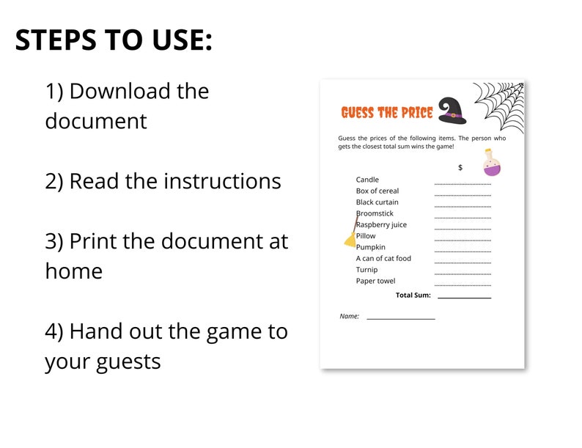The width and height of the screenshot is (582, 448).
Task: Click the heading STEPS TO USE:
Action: coord(114,40)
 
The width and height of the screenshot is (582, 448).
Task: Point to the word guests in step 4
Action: coord(128,361)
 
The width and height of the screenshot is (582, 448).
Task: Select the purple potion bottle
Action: coord(490,162)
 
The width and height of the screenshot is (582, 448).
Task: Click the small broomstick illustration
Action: coord(352,232)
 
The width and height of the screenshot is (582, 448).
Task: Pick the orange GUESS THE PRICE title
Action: coord(386,112)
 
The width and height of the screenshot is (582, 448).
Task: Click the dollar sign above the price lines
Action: coord(460,168)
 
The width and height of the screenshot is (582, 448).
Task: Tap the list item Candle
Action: coord(367,180)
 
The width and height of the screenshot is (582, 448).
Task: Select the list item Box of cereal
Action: coord(377,191)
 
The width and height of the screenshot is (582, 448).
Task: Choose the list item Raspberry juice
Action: coord(381,224)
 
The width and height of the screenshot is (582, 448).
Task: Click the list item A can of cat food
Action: coord(383,258)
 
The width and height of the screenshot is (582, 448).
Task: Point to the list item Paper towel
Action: coord(375,281)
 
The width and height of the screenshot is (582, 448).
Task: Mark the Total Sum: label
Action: coord(413,295)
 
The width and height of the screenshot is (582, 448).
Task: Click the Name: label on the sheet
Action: coord(350,316)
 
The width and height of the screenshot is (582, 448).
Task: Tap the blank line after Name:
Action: coord(400,317)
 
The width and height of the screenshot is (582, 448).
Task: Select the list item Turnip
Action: coord(367,270)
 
